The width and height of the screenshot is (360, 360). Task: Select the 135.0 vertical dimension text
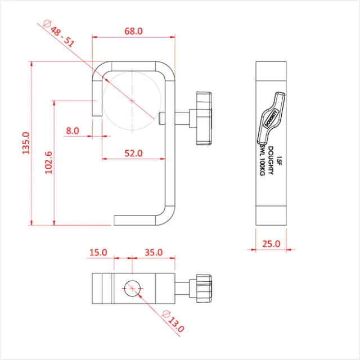coord(24,143)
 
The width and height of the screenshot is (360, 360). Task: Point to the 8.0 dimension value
coord(73,130)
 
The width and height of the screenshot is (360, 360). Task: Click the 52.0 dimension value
coord(133,153)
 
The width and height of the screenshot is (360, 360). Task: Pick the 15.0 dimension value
coord(98,253)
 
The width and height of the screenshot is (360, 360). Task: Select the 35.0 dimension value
coord(153,253)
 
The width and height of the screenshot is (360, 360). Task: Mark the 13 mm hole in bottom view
coord(131,287)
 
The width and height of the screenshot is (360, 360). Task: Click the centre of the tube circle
coord(131,100)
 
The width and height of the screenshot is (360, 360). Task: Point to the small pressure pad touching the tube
coord(162,119)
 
